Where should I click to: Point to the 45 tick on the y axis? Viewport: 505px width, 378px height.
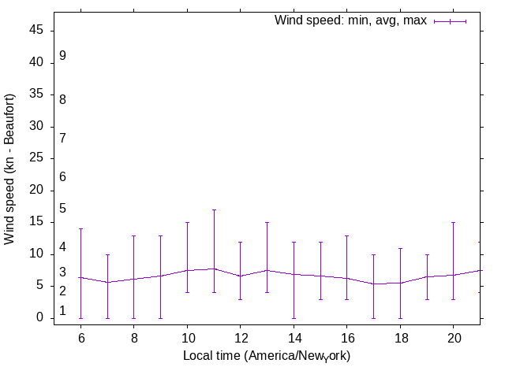(x=37, y=31)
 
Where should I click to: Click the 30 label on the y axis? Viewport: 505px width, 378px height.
(x=37, y=127)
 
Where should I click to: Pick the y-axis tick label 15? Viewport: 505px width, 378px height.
(x=37, y=222)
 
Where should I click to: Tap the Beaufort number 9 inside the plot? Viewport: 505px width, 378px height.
(x=62, y=56)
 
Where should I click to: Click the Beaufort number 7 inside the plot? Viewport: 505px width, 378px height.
(x=62, y=138)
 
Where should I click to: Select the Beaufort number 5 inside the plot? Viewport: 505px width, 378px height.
(x=62, y=208)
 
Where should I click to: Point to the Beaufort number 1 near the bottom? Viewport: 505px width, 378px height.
(x=62, y=311)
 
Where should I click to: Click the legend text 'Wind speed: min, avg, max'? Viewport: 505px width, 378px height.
(x=350, y=20)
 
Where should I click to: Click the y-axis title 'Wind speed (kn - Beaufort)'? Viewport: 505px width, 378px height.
(x=9, y=169)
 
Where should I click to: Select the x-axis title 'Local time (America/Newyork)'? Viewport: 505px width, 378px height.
(x=267, y=356)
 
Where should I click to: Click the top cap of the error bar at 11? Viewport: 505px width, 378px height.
(x=214, y=209)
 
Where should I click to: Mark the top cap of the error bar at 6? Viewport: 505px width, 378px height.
(x=80, y=228)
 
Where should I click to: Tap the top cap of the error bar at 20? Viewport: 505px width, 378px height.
(x=452, y=222)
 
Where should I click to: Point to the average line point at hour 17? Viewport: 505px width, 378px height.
(x=372, y=284)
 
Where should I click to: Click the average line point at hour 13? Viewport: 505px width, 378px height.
(x=267, y=270)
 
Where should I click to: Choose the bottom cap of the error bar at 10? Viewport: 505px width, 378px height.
(x=187, y=292)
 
